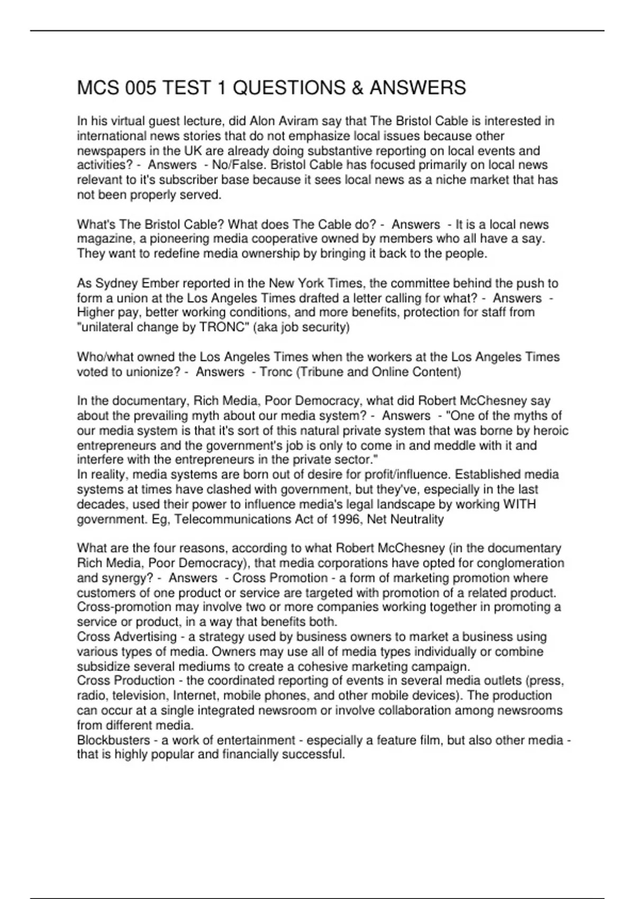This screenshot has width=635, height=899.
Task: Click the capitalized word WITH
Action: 519,504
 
